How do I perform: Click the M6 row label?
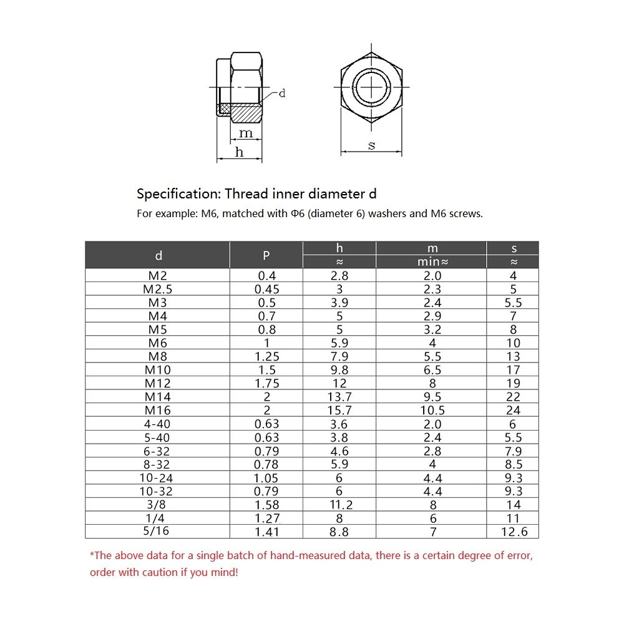(x=158, y=343)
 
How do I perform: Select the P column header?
(x=266, y=255)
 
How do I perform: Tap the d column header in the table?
(x=158, y=255)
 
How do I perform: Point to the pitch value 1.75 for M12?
(x=266, y=383)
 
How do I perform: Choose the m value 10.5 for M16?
(x=432, y=410)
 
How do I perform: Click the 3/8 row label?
(x=158, y=505)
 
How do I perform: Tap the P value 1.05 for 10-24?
(x=266, y=478)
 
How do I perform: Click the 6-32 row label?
(x=158, y=451)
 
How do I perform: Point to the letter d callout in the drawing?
(x=281, y=94)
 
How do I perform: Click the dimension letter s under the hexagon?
(x=372, y=145)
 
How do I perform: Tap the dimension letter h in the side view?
(x=239, y=152)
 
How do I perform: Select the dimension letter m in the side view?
(x=246, y=133)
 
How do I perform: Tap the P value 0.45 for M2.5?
(x=266, y=289)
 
